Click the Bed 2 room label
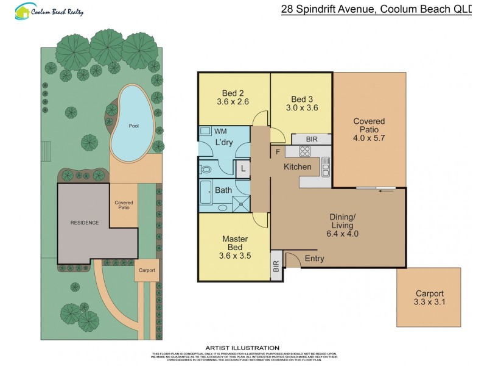(x=234, y=93)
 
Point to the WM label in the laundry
(x=220, y=131)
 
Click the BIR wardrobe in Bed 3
(x=312, y=139)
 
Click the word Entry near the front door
(x=314, y=259)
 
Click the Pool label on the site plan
(x=133, y=126)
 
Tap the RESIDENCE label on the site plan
(x=84, y=223)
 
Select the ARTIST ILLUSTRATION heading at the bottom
(x=243, y=348)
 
